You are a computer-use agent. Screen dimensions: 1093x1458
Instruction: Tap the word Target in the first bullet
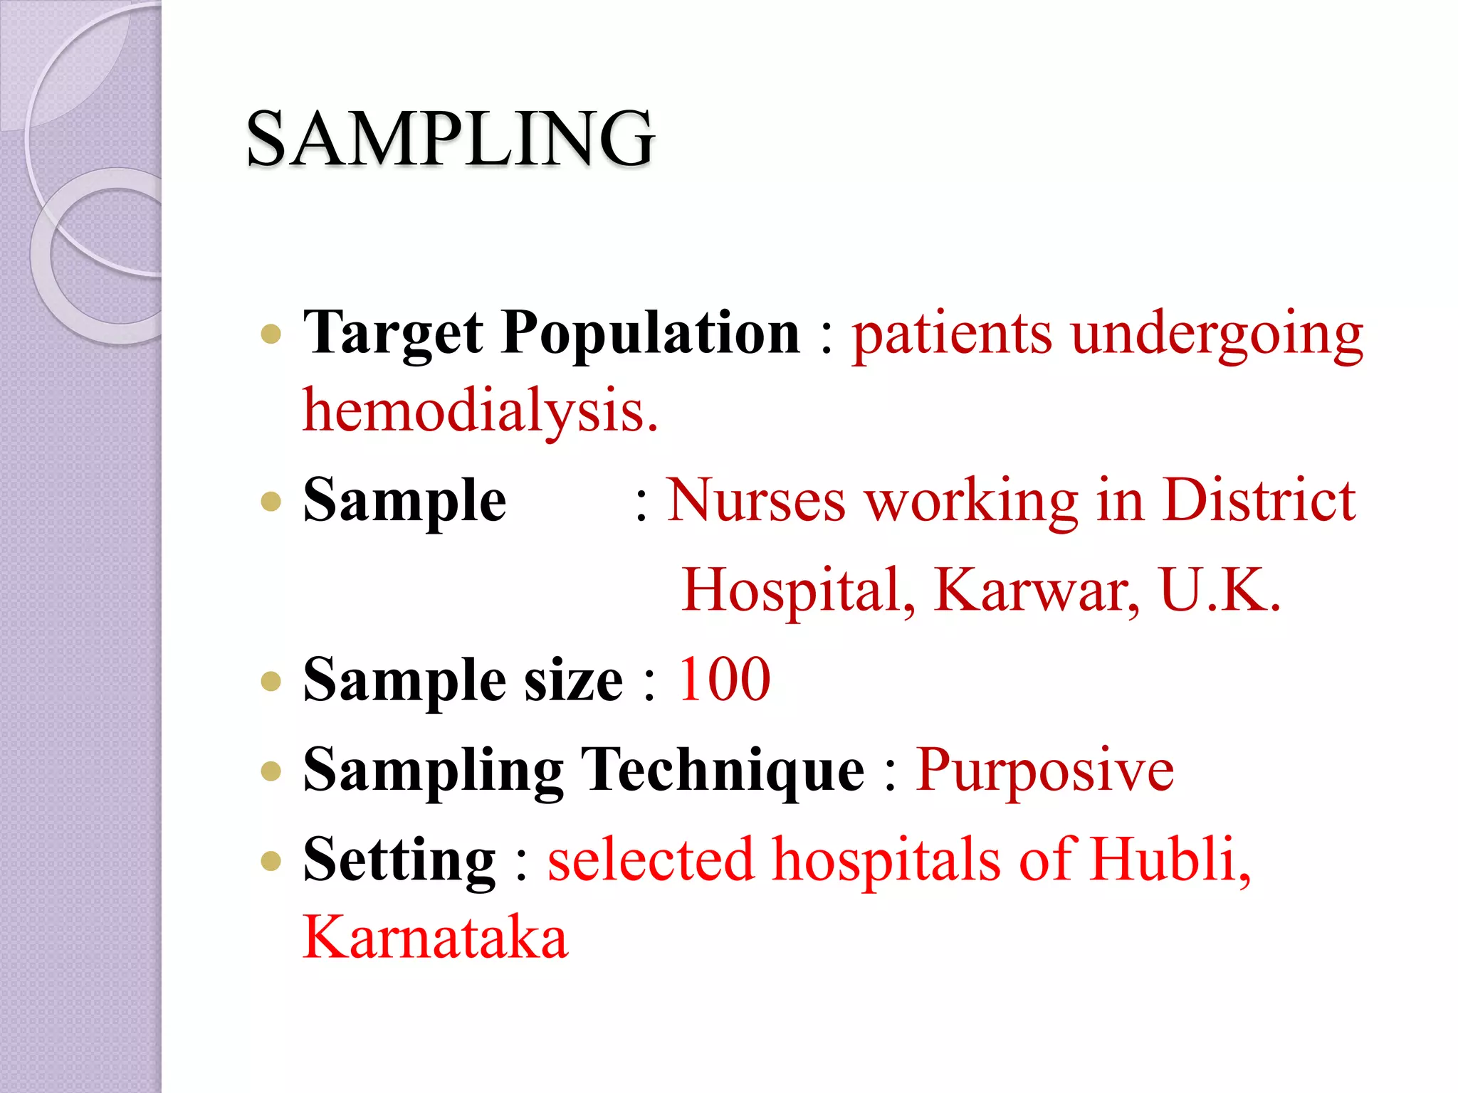click(393, 333)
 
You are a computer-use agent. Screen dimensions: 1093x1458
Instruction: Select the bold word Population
click(651, 333)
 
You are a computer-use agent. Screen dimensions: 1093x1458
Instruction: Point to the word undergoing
click(1217, 334)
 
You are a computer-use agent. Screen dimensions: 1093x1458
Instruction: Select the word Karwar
click(1037, 590)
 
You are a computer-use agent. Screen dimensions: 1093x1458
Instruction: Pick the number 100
click(724, 680)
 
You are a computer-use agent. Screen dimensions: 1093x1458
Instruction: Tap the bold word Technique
click(723, 770)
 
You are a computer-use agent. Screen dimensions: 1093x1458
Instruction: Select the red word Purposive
click(1044, 770)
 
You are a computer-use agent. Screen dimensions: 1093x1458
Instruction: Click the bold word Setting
click(399, 860)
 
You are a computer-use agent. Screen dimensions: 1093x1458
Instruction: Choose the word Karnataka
click(436, 937)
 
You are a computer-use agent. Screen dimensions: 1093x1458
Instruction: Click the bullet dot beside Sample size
click(271, 682)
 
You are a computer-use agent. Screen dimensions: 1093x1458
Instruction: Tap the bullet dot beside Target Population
click(271, 334)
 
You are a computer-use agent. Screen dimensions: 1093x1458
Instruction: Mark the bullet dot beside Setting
click(271, 862)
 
